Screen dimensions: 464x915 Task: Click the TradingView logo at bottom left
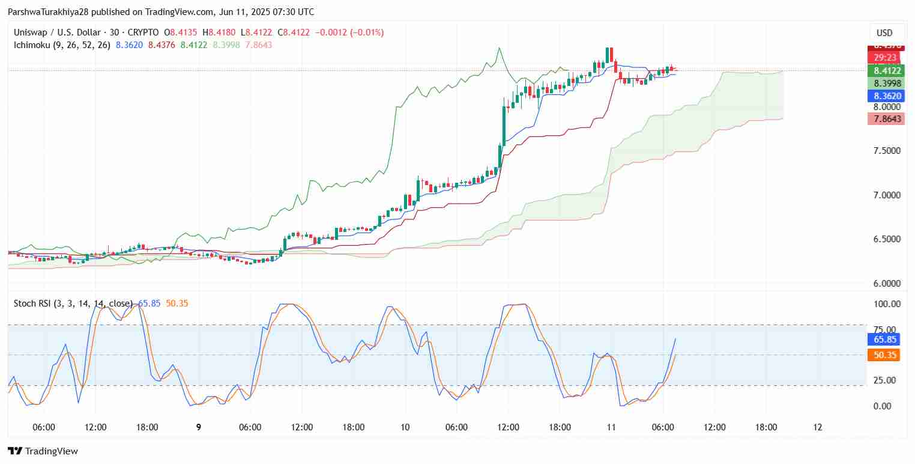pos(43,451)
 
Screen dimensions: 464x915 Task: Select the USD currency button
pos(884,33)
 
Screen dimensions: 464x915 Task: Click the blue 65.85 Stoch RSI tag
pos(883,340)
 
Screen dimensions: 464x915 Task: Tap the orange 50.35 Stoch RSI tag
pos(883,355)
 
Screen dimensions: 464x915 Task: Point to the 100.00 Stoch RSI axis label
pos(887,304)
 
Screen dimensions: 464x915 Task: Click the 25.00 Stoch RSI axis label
pos(886,380)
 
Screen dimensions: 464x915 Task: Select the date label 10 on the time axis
pos(405,427)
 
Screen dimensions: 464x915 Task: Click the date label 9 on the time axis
pos(198,427)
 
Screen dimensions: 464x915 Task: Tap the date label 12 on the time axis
pos(817,427)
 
